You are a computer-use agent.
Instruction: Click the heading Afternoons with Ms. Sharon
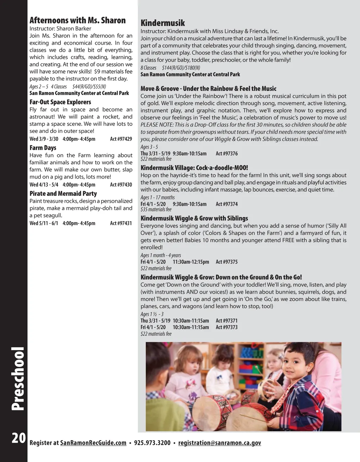tap(77, 20)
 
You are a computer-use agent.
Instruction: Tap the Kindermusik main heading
tap(162, 23)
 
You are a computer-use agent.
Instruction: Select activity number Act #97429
tap(121, 139)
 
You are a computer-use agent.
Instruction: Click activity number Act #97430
tap(121, 185)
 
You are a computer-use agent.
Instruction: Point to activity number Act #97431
tap(121, 223)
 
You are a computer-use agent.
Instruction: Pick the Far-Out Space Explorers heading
tap(60, 102)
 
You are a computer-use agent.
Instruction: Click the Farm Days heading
tap(43, 148)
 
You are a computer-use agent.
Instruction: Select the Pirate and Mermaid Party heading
tap(63, 193)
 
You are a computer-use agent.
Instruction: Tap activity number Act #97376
tap(227, 153)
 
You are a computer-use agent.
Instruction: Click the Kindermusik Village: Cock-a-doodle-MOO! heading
tap(194, 168)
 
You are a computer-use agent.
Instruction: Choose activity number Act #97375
tap(227, 262)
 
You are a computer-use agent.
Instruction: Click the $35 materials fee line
tap(156, 210)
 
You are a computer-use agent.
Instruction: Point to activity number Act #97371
tap(227, 321)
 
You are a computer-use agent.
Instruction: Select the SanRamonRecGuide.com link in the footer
tap(93, 443)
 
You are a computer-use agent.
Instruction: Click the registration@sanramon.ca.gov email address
tap(219, 443)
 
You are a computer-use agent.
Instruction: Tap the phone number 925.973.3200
tap(152, 443)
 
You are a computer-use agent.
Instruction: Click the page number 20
tap(19, 438)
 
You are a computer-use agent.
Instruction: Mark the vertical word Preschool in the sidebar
tap(18, 379)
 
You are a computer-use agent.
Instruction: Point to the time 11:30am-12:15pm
tap(191, 262)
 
